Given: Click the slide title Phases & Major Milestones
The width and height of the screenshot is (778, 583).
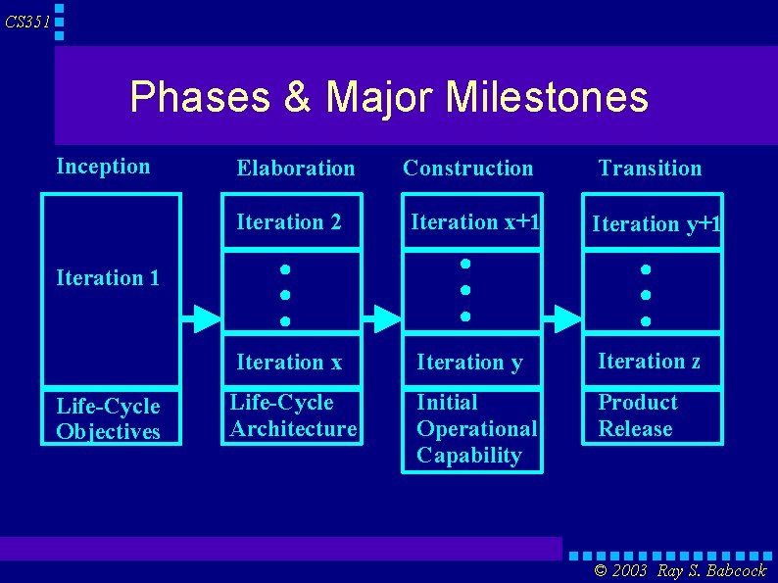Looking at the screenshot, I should [389, 97].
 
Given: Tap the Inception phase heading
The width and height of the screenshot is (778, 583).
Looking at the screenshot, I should [103, 166].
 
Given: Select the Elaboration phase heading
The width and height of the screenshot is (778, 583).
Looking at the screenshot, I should [295, 168].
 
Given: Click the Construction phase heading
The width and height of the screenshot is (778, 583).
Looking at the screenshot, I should [467, 168].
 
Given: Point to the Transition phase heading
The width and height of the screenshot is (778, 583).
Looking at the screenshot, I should [650, 168].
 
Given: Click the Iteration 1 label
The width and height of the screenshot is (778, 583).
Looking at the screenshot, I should [108, 277].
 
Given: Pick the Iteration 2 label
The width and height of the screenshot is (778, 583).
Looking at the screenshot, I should [288, 222].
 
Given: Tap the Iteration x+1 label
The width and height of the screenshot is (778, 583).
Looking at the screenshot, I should [474, 222].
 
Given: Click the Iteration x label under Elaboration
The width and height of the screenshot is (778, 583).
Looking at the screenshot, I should [288, 363].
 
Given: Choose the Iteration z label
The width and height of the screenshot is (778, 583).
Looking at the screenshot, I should [649, 361].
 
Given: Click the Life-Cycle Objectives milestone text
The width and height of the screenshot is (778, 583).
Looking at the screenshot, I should [108, 418].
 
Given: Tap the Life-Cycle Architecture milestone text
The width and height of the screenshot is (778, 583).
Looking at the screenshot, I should [293, 415].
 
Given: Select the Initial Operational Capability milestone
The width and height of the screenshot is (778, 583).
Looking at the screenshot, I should [476, 428].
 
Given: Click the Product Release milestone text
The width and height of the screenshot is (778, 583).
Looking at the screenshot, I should [637, 415].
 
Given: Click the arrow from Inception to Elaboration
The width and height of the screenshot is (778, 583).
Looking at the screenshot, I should [204, 317].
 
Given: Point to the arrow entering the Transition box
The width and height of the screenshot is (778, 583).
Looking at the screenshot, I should [562, 317].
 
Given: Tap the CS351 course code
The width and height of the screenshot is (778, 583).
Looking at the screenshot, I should [27, 22].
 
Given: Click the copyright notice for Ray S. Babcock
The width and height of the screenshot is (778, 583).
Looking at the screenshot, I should [680, 570].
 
